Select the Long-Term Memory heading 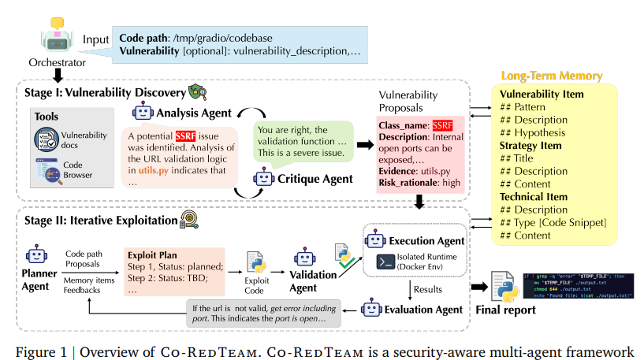click(x=552, y=76)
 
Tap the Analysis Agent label click(x=192, y=113)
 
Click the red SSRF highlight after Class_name click(x=443, y=126)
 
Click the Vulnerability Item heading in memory click(x=542, y=94)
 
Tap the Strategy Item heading click(x=530, y=145)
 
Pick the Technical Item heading click(x=533, y=196)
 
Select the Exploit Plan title click(x=153, y=256)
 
